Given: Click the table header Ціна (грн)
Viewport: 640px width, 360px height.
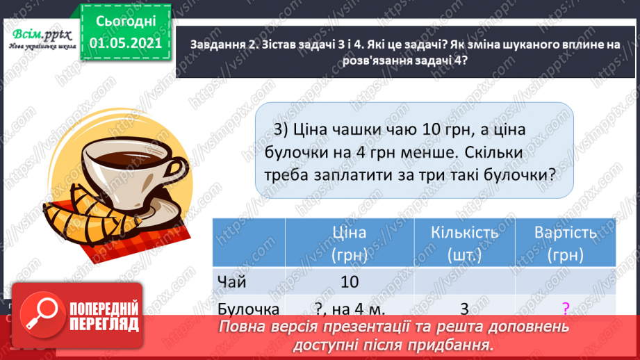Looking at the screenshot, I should point(350,243).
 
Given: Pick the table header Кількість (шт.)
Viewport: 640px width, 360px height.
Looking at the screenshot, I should point(464,243).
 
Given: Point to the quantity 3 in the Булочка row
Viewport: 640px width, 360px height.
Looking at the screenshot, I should point(464,309).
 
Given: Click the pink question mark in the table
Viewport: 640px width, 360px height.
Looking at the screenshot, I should point(565,308).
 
